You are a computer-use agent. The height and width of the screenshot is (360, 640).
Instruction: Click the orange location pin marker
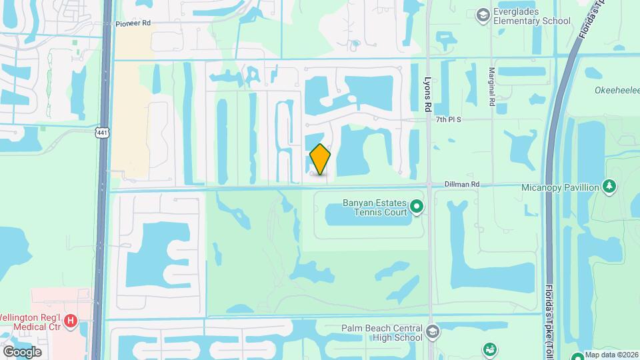(320, 159)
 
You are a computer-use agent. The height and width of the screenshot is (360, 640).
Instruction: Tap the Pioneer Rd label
(133, 23)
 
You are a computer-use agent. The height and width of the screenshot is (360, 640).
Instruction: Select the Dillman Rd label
(463, 184)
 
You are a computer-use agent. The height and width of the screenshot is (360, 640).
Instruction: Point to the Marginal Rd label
(491, 87)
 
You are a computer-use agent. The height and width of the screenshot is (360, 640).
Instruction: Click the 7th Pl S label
(449, 119)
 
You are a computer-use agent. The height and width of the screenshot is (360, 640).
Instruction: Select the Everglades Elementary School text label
(532, 16)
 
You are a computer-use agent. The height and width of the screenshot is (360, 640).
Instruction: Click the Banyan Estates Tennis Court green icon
(417, 207)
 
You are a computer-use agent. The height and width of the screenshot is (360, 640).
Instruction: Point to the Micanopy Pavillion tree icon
(609, 187)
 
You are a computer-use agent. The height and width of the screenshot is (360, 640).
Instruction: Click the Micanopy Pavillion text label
(560, 187)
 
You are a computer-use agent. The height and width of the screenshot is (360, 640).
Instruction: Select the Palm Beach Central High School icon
(432, 332)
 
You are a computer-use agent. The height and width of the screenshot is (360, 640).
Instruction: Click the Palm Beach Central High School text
(381, 332)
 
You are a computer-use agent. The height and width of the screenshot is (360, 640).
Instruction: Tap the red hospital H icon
(72, 321)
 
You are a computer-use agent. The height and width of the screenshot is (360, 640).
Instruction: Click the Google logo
(22, 351)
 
